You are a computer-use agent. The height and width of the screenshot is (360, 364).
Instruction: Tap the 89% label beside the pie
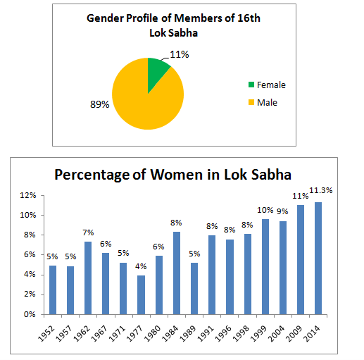[100, 104]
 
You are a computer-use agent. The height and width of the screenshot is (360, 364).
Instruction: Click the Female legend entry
[267, 85]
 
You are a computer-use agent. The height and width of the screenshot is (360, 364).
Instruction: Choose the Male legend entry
[263, 103]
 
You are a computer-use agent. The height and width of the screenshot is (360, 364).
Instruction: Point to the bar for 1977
[141, 295]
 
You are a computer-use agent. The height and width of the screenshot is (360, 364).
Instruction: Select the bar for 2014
[318, 259]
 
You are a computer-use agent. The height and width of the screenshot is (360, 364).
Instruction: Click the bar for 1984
[177, 273]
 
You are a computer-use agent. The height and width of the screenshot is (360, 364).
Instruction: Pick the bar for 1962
[88, 278]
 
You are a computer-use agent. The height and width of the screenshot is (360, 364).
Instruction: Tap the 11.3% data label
[321, 190]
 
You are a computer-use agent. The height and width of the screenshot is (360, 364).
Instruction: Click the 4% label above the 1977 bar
[141, 266]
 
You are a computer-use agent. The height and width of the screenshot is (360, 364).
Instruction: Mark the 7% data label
[88, 232]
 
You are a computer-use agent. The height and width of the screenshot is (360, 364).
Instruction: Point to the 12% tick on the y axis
[28, 195]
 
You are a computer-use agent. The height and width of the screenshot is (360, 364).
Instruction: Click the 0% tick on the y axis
[30, 314]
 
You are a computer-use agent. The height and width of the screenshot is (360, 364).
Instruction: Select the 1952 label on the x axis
[46, 333]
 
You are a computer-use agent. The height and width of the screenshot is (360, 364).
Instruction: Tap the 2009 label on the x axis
[294, 333]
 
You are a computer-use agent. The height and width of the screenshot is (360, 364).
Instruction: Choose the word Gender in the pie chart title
[105, 18]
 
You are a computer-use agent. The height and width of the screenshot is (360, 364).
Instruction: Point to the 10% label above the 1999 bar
[265, 210]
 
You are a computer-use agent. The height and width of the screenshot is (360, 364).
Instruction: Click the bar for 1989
[194, 289]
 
